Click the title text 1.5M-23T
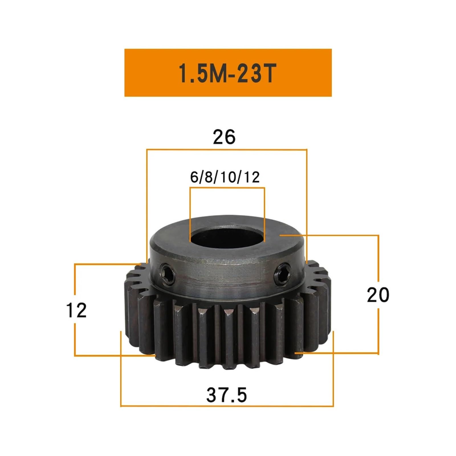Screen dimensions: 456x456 click(x=227, y=73)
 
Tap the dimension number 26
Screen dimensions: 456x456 click(x=224, y=137)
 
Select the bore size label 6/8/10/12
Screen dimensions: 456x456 click(x=225, y=177)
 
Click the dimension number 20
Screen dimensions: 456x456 click(x=378, y=295)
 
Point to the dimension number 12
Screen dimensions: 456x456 click(x=76, y=310)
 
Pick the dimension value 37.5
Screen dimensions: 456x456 click(x=227, y=395)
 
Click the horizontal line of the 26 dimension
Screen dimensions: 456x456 click(x=227, y=149)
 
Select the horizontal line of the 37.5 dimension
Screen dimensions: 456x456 click(x=227, y=406)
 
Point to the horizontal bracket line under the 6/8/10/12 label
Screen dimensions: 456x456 click(x=227, y=188)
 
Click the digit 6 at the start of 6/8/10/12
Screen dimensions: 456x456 click(x=194, y=177)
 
